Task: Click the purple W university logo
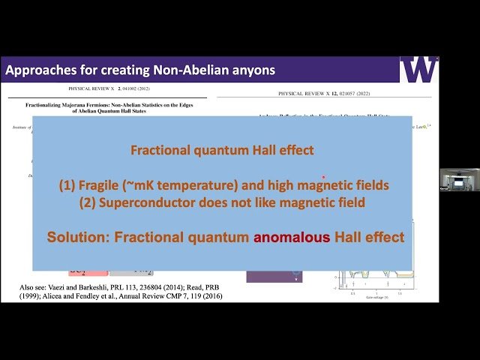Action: [418, 70]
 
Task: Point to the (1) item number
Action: [69, 185]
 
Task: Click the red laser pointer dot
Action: [323, 178]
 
